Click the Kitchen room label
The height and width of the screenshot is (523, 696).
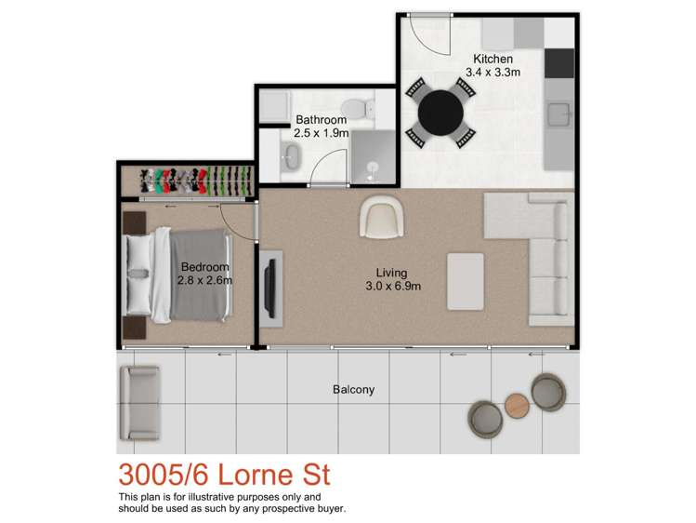492,59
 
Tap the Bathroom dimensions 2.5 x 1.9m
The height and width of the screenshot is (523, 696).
322,132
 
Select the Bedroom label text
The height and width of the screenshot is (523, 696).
205,267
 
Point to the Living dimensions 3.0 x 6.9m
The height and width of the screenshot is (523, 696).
393,287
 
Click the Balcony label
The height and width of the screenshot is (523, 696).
354,390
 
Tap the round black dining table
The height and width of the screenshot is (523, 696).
440,113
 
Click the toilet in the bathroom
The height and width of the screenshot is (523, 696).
358,107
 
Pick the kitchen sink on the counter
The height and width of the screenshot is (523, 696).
558,114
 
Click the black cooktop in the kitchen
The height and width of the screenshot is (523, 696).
559,63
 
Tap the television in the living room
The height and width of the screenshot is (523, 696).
270,288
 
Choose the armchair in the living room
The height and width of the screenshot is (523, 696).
382,217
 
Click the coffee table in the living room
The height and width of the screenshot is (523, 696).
466,281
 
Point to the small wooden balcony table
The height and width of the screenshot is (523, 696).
517,405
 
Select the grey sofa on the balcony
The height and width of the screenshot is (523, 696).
139,404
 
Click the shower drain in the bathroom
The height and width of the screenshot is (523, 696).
373,168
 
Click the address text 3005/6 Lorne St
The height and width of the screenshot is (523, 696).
224,475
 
